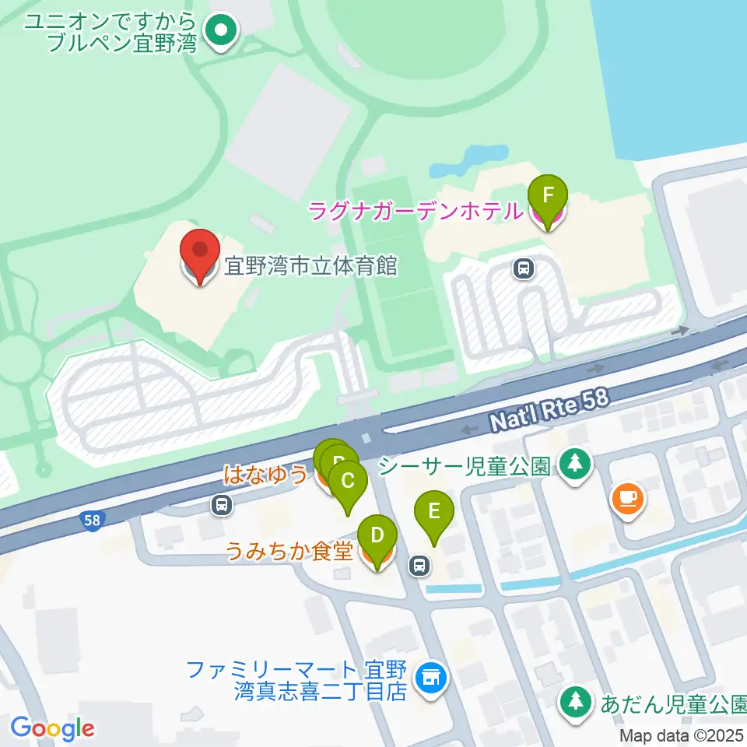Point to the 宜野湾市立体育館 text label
311,267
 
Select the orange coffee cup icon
627,496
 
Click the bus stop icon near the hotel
524,269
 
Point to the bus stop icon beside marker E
420,566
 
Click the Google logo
53,728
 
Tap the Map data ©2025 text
682,735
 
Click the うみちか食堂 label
290,552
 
